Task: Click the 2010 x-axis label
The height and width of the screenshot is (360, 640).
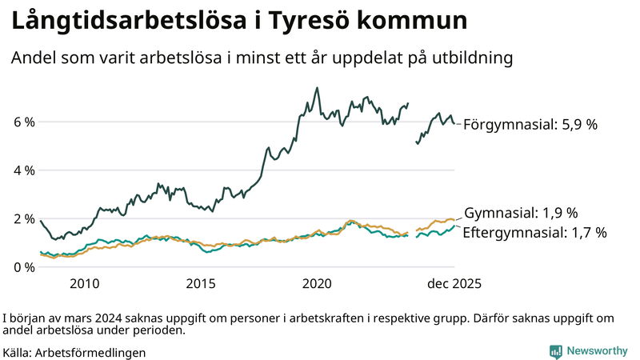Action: tap(84, 283)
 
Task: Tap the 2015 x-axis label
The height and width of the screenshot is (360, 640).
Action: tap(201, 283)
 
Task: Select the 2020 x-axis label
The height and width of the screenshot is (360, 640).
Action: tap(318, 283)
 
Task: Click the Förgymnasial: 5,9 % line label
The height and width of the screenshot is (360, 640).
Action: tap(530, 125)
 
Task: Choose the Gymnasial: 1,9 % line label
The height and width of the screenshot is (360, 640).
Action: tap(521, 213)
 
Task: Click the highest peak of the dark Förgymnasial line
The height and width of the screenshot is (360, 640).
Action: tap(318, 88)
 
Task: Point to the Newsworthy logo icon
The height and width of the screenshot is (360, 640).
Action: tap(555, 351)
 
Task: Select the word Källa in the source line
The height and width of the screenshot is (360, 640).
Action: tap(18, 352)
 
